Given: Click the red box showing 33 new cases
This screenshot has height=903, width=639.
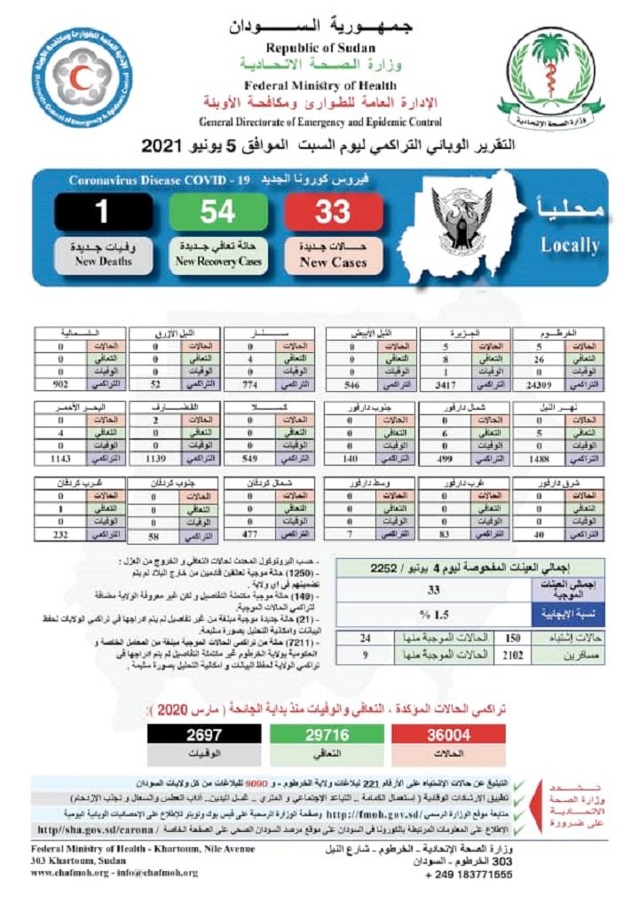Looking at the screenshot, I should click(x=333, y=213).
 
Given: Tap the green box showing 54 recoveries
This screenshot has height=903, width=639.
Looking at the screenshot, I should click(x=217, y=213).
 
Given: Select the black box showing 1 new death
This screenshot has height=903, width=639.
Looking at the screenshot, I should click(x=102, y=213).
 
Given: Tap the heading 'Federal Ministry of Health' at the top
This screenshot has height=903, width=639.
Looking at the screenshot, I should click(x=309, y=85).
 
